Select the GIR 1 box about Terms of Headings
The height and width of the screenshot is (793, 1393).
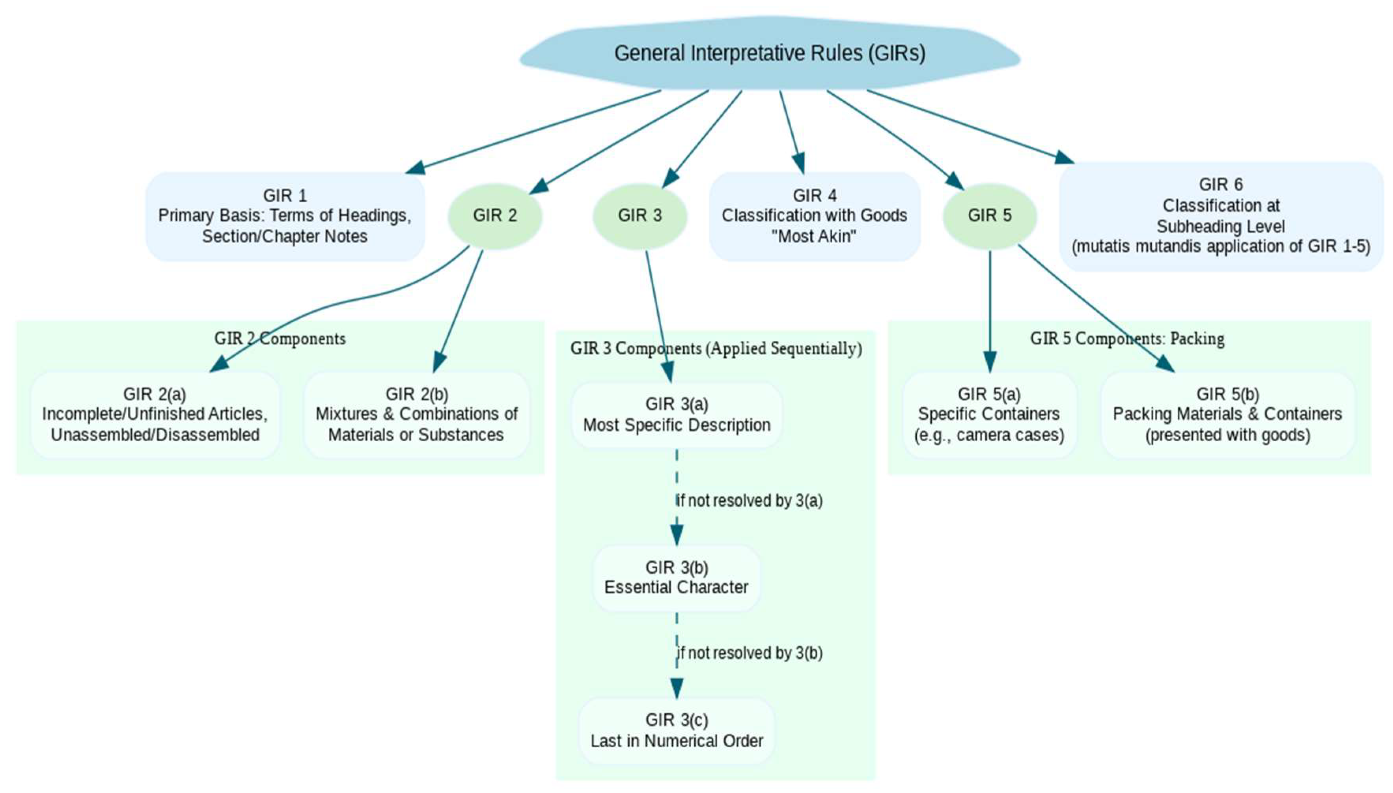[284, 216]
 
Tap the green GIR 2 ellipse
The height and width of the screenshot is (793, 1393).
[494, 216]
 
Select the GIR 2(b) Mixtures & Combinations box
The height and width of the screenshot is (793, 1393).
[416, 414]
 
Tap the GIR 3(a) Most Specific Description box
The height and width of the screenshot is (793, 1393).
[676, 415]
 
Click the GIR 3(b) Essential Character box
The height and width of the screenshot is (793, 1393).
[676, 577]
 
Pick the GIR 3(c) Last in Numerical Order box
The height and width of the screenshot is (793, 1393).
[676, 730]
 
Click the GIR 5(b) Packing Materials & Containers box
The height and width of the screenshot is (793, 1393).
[1227, 414]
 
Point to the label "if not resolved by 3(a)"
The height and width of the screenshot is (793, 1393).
[749, 500]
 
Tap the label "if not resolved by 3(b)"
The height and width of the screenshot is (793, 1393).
[749, 653]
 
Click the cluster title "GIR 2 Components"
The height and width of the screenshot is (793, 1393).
[280, 339]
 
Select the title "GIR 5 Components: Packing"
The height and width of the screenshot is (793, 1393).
[1127, 339]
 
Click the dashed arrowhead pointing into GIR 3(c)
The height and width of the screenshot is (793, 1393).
[676, 688]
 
